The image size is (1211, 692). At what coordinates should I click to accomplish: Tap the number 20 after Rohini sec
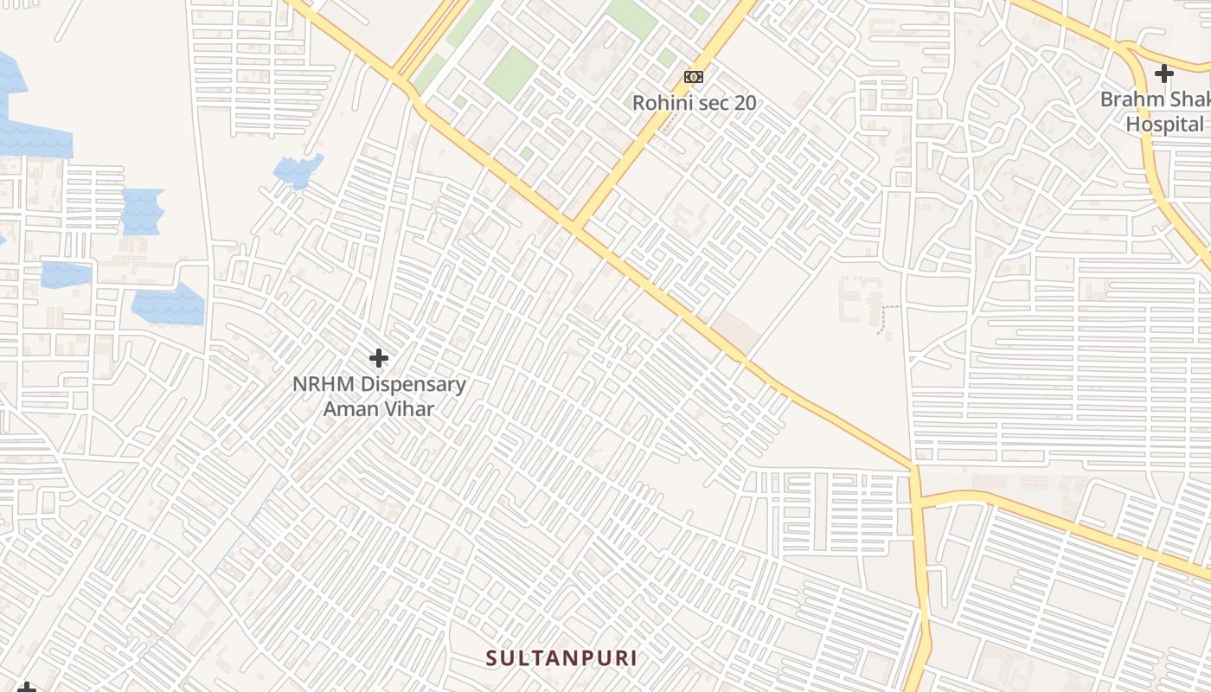(745, 103)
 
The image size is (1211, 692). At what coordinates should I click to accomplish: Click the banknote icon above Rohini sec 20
(693, 77)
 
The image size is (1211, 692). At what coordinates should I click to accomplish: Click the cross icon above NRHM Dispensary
(378, 357)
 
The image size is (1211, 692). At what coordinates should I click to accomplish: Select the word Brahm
(1131, 99)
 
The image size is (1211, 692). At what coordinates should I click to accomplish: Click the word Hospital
(1164, 125)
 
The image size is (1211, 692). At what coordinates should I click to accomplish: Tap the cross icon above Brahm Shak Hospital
(1164, 74)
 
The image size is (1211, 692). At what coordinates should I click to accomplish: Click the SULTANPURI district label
(561, 658)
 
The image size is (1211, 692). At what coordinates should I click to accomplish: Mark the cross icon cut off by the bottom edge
(27, 688)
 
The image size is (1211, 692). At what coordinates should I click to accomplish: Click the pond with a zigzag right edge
(143, 211)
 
